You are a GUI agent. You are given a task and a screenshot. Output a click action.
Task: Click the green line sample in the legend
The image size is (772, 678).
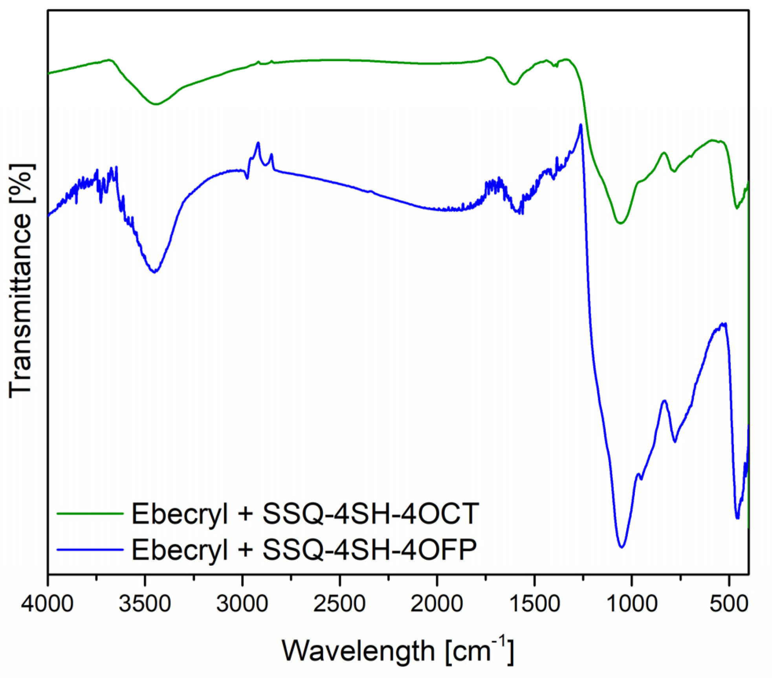coord(90,513)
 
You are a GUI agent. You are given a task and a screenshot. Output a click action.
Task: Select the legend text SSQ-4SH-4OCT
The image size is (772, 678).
coord(371,514)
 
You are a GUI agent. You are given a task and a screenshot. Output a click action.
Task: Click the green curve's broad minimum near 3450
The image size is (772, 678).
coord(156,104)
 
